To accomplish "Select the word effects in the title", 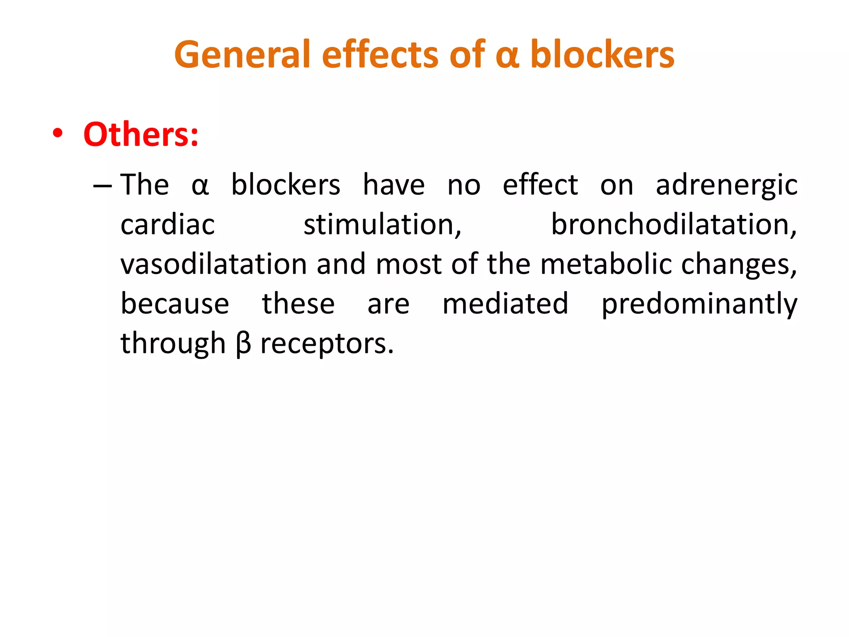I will pos(380,55).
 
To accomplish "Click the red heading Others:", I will pos(141,135).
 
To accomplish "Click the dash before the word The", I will pos(102,186).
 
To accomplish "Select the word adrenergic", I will pos(726,186).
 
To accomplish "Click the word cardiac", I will pos(167,225).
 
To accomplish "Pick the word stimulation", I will pos(382,225).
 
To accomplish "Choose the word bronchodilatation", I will pos(674,225).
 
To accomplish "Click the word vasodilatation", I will pos(213,264).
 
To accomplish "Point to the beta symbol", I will pos(243,345).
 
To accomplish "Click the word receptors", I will pos(326,345).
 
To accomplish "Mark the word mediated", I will pos(505,304).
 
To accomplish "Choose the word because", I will pos(175,304).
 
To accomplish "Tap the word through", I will pos(173,345).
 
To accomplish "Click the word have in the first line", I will pos(394,185).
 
